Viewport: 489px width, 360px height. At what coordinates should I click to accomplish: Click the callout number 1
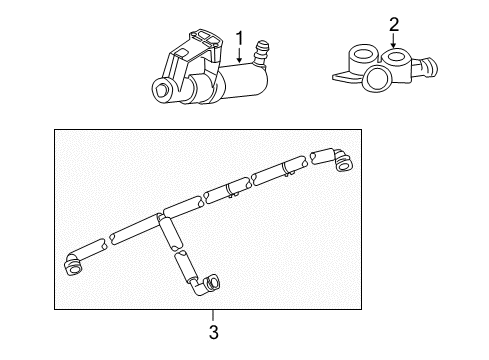[239, 39]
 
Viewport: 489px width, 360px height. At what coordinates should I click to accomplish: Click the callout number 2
[394, 24]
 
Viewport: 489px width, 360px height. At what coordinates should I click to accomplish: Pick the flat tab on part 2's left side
[340, 76]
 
